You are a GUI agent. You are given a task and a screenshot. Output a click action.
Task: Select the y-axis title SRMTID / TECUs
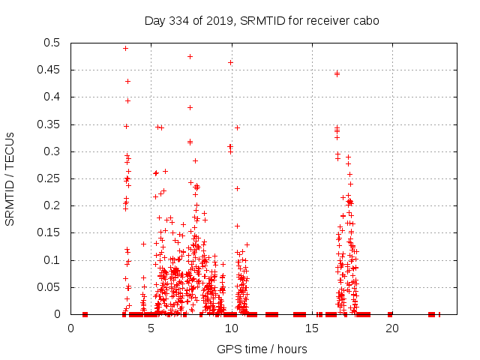tap(10, 178)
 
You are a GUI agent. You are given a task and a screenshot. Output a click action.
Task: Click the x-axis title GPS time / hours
tap(262, 349)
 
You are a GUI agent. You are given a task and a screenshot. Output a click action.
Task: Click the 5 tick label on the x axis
tap(151, 328)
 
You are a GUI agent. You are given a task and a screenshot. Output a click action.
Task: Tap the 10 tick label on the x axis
tap(232, 328)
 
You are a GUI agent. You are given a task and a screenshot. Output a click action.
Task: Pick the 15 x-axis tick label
tap(312, 328)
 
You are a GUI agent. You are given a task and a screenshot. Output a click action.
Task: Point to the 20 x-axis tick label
tap(392, 328)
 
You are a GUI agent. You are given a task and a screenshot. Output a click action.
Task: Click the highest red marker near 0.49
tap(125, 48)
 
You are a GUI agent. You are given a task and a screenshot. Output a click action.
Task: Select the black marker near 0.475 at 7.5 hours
tap(190, 56)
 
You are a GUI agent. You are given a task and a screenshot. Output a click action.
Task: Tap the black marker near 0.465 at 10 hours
tap(230, 62)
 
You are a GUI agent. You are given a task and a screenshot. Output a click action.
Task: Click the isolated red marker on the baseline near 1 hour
tap(85, 314)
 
